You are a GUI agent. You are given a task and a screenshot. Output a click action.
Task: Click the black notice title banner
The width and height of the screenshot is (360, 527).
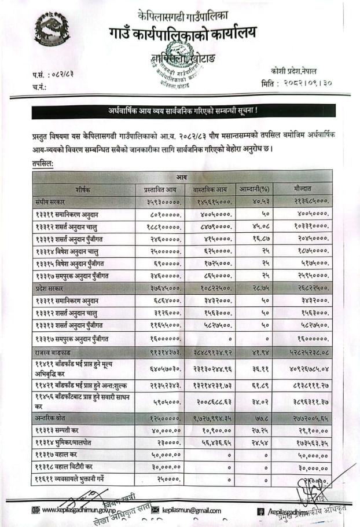(183, 111)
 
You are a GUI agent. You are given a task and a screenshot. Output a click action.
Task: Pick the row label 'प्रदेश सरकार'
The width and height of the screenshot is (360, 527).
(51, 288)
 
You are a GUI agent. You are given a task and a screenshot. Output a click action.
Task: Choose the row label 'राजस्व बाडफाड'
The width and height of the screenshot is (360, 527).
(53, 352)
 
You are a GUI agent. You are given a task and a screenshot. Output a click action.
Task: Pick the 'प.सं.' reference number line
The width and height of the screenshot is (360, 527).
(56, 74)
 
